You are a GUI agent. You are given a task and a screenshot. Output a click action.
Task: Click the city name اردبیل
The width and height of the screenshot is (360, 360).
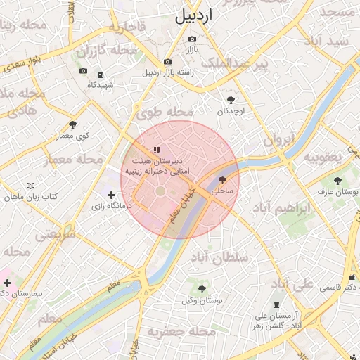[x=193, y=15]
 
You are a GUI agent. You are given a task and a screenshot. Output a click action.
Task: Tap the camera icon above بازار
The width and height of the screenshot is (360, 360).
[x=192, y=39]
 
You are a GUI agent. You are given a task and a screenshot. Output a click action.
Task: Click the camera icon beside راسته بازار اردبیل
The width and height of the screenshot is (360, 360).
[x=167, y=62]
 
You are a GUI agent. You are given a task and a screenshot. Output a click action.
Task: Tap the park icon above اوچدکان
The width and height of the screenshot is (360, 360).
[x=231, y=100]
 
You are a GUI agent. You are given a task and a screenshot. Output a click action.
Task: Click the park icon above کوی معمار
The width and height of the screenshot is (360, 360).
[x=72, y=124]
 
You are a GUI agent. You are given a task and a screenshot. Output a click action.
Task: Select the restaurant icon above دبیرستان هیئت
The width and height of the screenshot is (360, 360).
[x=157, y=150]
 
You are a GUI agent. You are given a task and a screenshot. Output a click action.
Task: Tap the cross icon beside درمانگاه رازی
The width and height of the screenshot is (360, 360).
[x=111, y=195]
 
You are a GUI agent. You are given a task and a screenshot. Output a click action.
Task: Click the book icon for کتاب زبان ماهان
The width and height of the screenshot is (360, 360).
[x=30, y=186]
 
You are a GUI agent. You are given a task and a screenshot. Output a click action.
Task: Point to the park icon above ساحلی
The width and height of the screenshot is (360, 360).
[x=223, y=180]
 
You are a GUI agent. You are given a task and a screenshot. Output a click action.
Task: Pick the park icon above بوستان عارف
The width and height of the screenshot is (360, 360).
[x=337, y=180]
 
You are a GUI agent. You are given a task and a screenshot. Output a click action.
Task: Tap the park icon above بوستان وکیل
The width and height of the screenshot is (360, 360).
[x=202, y=289]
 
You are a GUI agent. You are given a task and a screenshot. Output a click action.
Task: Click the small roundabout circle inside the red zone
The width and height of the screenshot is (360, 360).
[x=160, y=191]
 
